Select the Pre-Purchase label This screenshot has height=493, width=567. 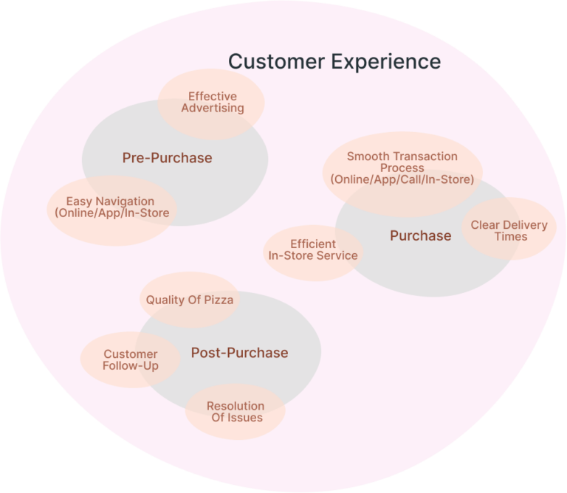[167, 158]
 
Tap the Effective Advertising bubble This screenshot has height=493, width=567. [212, 103]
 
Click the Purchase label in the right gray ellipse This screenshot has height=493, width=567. [420, 235]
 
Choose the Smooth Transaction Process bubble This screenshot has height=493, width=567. [402, 168]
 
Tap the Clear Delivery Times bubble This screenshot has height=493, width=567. [509, 230]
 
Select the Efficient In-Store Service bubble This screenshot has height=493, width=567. [312, 249]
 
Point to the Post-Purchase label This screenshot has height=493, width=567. [239, 353]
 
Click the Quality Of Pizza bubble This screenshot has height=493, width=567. [189, 300]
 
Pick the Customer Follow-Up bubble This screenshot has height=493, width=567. [130, 360]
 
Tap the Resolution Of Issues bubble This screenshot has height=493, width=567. [236, 412]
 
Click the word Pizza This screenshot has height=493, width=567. [219, 300]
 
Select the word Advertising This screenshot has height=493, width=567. [212, 108]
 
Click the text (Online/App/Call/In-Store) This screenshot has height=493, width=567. [402, 179]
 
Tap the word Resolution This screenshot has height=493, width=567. [236, 406]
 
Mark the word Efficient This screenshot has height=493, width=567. [313, 244]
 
